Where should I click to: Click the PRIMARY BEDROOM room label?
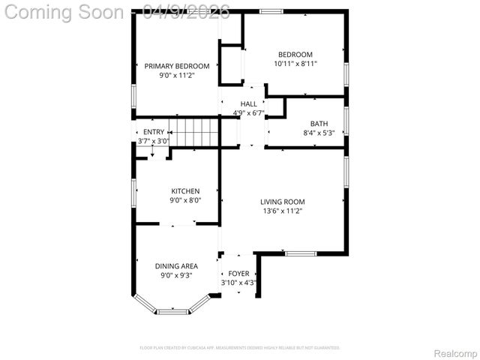point(176,66)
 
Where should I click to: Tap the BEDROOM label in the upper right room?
point(295,54)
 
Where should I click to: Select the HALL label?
point(248,104)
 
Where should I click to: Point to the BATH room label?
point(319,124)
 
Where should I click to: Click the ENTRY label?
point(153,132)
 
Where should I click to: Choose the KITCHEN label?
point(185,191)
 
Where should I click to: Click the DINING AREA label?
point(176,266)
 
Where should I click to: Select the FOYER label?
point(239,274)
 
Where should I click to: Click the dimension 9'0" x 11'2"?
point(176,75)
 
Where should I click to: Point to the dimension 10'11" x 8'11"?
point(295,64)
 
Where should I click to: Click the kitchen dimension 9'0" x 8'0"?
point(185,200)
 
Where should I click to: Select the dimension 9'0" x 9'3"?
point(176,275)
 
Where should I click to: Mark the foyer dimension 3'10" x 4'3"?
point(239,283)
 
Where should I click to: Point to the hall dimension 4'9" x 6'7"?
point(249,113)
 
